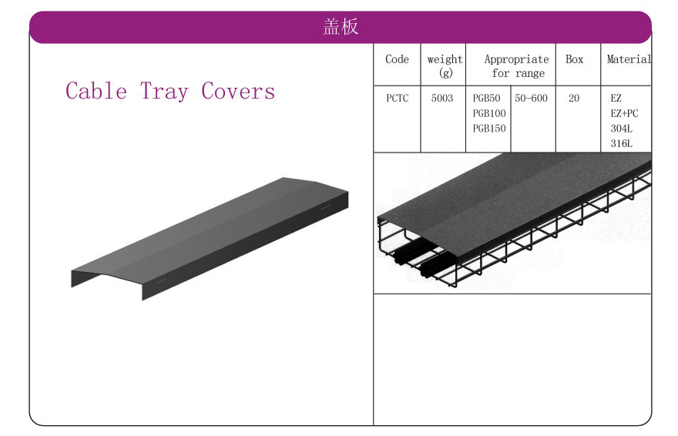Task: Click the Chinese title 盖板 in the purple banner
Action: pyautogui.click(x=341, y=26)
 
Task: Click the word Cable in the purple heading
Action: pyautogui.click(x=96, y=91)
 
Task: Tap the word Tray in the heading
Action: pyautogui.click(x=164, y=92)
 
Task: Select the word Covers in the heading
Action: pyautogui.click(x=238, y=91)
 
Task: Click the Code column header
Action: pyautogui.click(x=397, y=59)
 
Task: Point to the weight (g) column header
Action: pyautogui.click(x=445, y=65)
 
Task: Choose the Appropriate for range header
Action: pyautogui.click(x=517, y=66)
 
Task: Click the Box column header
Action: pyautogui.click(x=574, y=59)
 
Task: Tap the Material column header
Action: pyautogui.click(x=629, y=59)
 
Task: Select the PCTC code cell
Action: pyautogui.click(x=397, y=99)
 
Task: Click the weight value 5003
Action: pyautogui.click(x=442, y=99)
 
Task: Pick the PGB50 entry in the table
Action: pyautogui.click(x=486, y=99)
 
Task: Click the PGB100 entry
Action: pyautogui.click(x=489, y=114)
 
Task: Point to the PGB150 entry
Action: pyautogui.click(x=489, y=129)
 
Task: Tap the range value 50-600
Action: pyautogui.click(x=531, y=99)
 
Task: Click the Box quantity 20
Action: pyautogui.click(x=574, y=99)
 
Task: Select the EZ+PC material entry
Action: pyautogui.click(x=624, y=114)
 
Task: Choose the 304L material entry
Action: pyautogui.click(x=621, y=129)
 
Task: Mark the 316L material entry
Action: pyautogui.click(x=621, y=144)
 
